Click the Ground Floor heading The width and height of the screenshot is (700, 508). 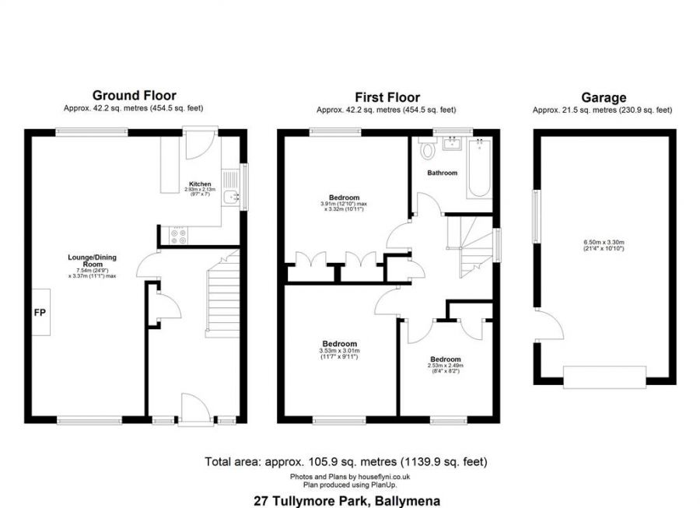(x=135, y=96)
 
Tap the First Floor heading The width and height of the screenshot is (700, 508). (x=387, y=97)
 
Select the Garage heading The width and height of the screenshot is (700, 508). (x=603, y=97)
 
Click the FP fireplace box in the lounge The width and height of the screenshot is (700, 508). (x=38, y=312)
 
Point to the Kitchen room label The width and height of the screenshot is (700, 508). (x=200, y=184)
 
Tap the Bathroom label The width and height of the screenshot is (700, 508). (x=442, y=173)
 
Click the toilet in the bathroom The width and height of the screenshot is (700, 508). (x=425, y=147)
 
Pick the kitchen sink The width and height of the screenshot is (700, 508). (x=230, y=197)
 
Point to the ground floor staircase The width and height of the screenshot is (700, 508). (x=222, y=300)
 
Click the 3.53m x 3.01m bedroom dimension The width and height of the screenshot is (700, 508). (x=339, y=351)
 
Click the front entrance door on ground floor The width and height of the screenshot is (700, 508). (x=191, y=409)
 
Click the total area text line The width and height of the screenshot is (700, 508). (x=346, y=461)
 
